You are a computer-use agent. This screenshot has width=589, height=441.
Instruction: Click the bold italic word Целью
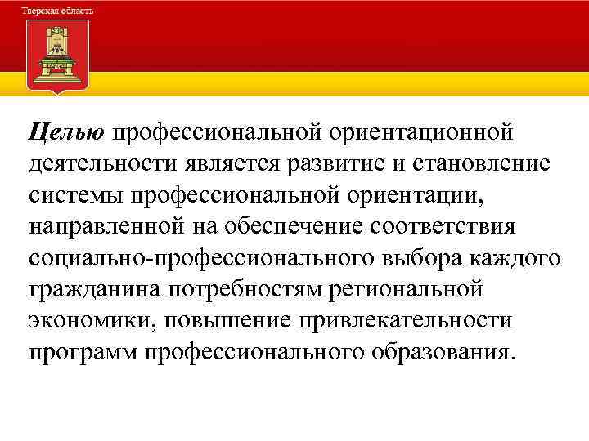click(x=66, y=131)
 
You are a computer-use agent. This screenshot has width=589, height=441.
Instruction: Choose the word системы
click(x=74, y=194)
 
